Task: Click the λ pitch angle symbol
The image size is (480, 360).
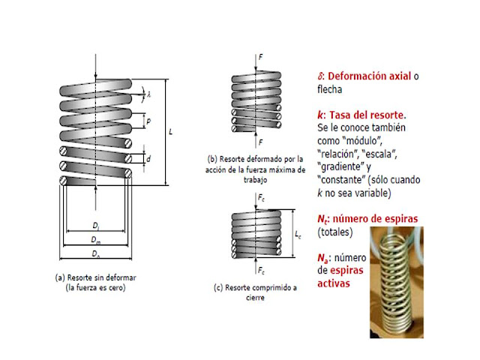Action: pos(149,94)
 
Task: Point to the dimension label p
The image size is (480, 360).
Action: pos(149,121)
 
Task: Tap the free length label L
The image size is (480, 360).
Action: pos(172,132)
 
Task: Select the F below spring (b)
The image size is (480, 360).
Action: pos(259,142)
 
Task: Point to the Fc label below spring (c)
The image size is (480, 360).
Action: pos(260,269)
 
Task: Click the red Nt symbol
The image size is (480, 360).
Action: pos(322,219)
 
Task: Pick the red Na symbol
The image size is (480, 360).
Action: pos(323,258)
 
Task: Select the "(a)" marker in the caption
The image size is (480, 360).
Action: pos(61,277)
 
